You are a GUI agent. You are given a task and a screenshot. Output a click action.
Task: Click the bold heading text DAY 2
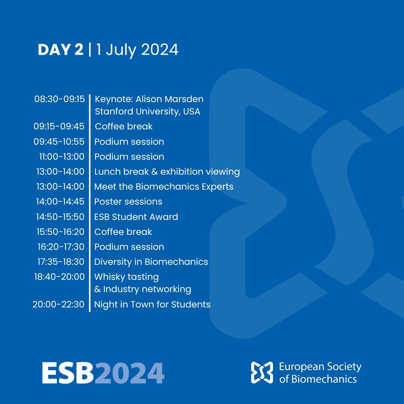60,50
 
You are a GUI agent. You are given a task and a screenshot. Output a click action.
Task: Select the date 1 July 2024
137,50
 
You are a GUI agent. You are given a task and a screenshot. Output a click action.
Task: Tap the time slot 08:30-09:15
59,100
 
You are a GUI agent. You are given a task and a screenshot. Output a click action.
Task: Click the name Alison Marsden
169,100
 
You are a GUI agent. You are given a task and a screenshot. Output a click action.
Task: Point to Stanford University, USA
147,111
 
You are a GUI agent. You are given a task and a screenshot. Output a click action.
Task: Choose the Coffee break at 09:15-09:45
123,126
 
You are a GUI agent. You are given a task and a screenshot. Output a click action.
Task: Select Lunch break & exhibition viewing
167,172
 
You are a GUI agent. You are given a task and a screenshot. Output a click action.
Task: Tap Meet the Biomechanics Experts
163,187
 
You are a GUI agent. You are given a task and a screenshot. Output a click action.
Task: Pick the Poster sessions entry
128,202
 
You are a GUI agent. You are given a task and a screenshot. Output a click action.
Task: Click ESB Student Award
136,217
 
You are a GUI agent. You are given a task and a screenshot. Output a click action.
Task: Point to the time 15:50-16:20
60,232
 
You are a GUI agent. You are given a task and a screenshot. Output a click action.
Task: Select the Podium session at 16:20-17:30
129,247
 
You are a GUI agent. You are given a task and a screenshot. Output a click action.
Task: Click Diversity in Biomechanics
151,262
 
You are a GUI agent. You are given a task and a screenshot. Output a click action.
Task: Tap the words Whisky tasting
126,277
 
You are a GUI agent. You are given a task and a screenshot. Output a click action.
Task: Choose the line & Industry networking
143,289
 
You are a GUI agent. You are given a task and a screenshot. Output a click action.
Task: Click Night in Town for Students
152,304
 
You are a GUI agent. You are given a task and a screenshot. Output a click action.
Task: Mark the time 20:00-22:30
58,304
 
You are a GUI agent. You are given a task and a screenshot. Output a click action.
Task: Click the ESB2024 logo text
103,373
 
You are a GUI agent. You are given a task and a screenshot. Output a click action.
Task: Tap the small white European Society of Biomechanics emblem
262,373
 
